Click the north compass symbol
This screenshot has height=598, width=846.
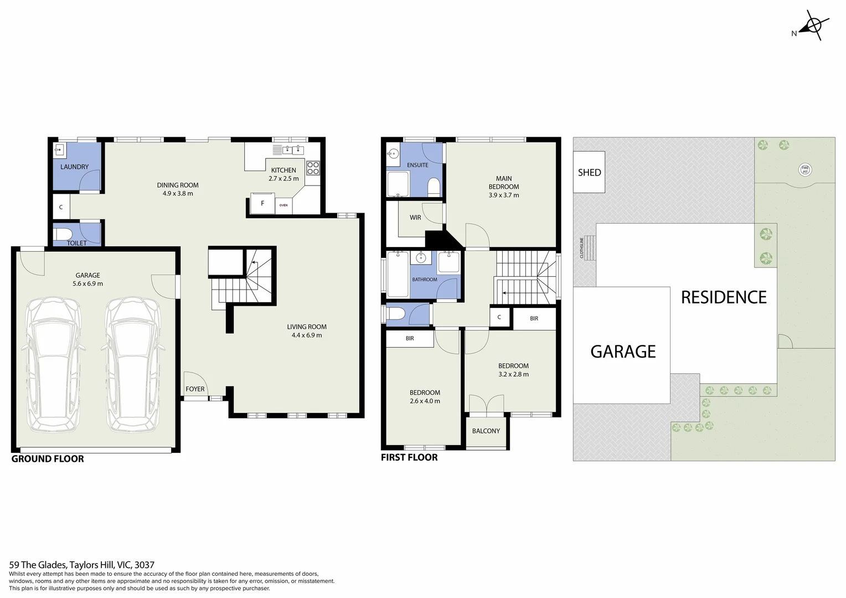813,25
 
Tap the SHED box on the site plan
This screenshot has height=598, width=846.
589,172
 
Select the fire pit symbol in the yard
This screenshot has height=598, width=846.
805,170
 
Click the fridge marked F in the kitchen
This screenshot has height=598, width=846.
262,203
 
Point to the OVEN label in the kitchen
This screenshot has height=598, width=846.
283,205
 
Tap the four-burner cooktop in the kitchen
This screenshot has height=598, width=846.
313,168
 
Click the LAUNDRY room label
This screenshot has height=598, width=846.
74,167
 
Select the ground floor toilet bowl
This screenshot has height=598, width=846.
63,234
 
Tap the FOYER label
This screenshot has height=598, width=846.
195,389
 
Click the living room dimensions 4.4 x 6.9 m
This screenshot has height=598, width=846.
307,335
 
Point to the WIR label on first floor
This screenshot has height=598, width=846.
415,218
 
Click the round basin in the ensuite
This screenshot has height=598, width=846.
393,154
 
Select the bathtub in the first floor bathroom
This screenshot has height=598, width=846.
398,275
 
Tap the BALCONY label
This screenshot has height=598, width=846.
486,431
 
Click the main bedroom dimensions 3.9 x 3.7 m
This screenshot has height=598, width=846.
504,195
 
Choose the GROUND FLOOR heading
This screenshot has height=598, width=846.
48,459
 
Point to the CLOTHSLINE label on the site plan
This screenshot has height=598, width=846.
582,248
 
